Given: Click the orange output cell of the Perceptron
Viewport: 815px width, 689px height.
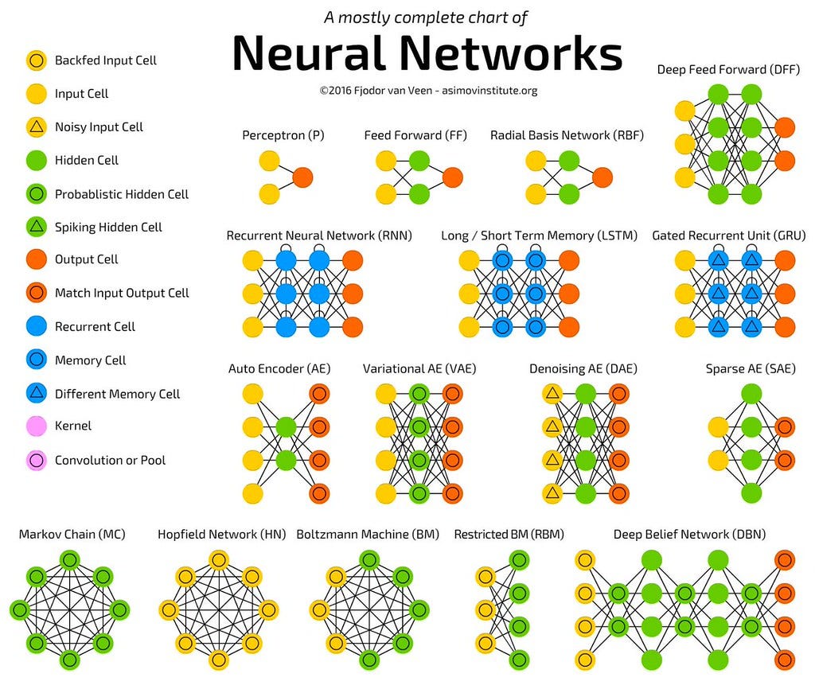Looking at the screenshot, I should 302,177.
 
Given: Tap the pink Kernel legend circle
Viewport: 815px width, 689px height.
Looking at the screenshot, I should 36,426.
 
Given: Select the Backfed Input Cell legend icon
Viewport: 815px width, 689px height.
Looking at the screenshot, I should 36,60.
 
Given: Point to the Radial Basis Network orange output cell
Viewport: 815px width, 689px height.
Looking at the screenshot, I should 602,177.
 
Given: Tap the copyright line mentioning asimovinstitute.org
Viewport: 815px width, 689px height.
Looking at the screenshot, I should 428,91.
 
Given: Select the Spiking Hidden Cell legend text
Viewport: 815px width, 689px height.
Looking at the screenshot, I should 108,228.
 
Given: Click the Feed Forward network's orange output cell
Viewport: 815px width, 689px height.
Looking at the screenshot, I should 452,177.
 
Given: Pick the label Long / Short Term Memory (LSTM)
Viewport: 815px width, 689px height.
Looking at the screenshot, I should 539,236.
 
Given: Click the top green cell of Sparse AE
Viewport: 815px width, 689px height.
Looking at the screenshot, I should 751,393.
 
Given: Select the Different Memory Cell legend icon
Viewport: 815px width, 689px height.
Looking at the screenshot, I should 36,394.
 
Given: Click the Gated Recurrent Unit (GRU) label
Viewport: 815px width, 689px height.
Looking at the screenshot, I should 728,236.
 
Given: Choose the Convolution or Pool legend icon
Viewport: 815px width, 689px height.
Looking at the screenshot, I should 36,461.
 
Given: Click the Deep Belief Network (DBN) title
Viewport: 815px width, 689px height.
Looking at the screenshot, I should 689,535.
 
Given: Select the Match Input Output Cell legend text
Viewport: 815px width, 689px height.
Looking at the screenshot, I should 122,294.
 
